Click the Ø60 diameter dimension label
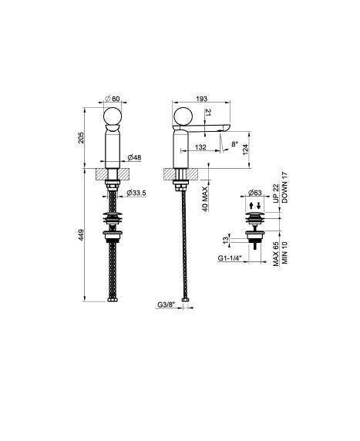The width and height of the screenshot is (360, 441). coord(113,99)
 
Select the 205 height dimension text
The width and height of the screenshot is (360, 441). coord(81,137)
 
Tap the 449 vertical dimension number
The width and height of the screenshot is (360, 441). coord(81,235)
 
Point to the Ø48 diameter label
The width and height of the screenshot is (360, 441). coord(134,158)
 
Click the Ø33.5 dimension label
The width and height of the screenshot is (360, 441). coord(136,193)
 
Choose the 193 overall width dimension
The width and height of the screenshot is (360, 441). coord(202,99)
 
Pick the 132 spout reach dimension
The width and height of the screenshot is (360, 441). coord(200,147)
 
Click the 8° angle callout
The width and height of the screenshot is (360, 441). coord(235,144)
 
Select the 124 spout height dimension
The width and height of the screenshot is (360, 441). coord(246,150)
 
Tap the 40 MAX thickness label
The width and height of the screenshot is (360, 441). coord(205,199)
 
